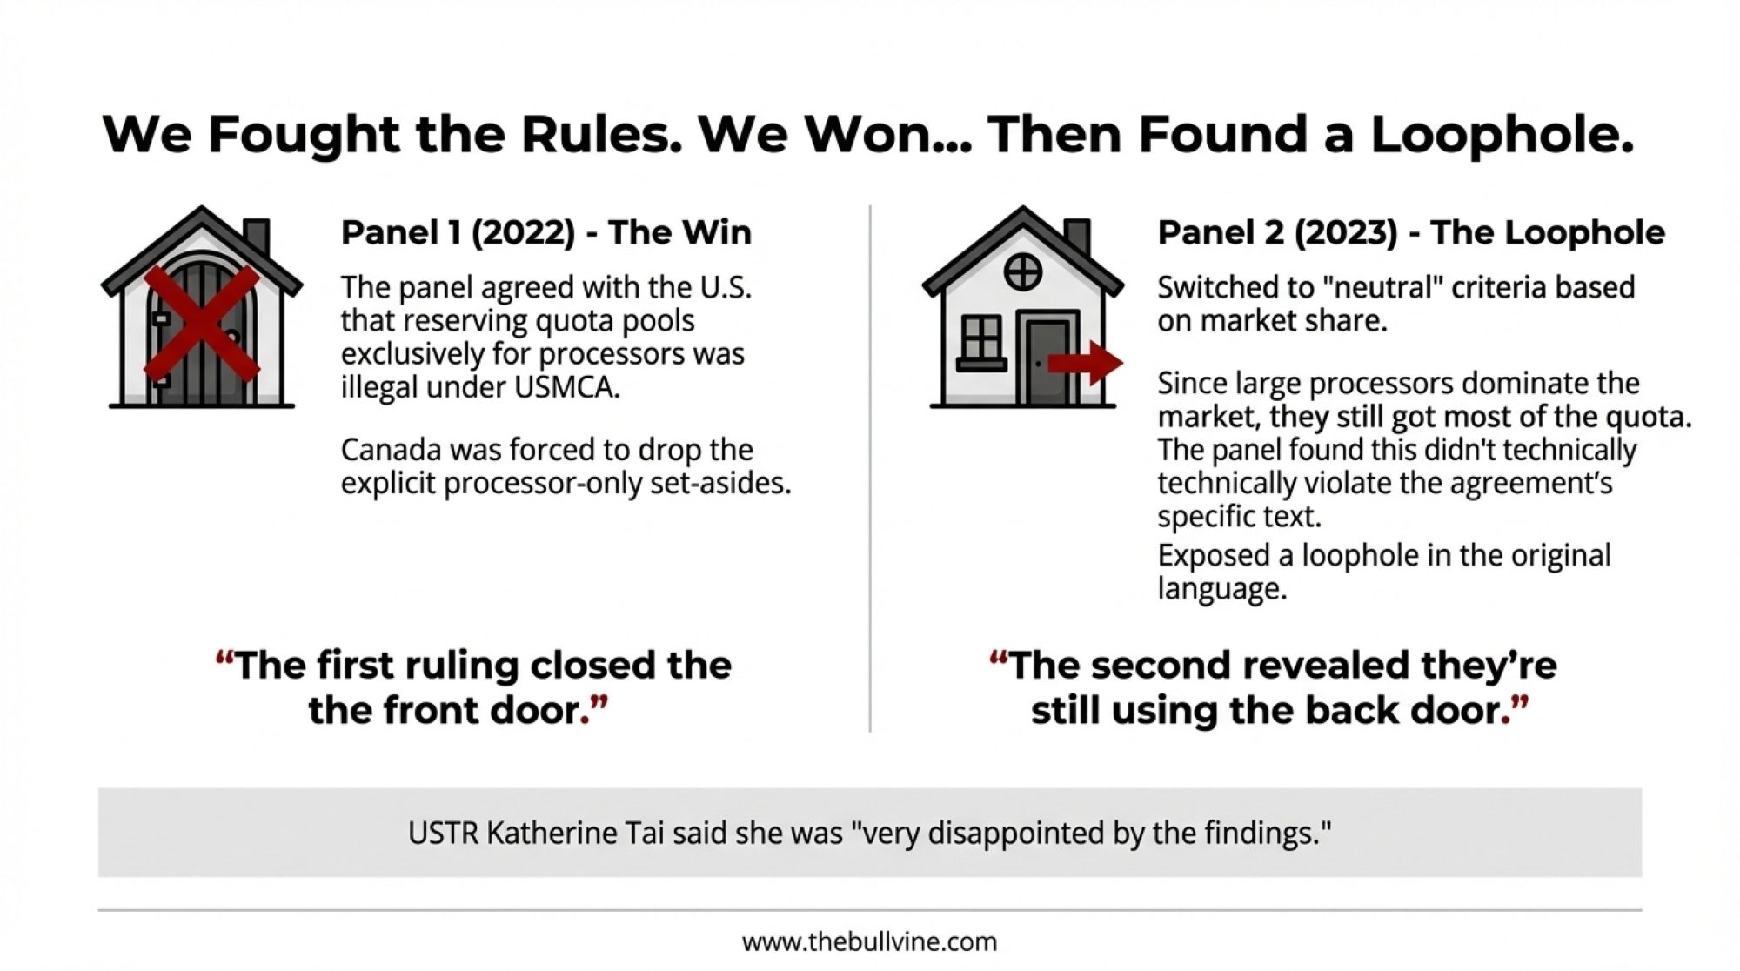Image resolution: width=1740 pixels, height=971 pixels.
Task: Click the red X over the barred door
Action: pyautogui.click(x=201, y=325)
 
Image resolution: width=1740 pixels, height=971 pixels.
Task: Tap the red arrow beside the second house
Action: pyautogui.click(x=1085, y=363)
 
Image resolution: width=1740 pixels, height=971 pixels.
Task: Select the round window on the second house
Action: pyautogui.click(x=1022, y=273)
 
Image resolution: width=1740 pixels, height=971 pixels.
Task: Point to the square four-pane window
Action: pyautogui.click(x=981, y=338)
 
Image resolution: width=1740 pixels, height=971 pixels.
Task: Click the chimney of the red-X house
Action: pyautogui.click(x=256, y=238)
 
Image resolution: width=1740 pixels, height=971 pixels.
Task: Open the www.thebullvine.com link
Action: pyautogui.click(x=869, y=941)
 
